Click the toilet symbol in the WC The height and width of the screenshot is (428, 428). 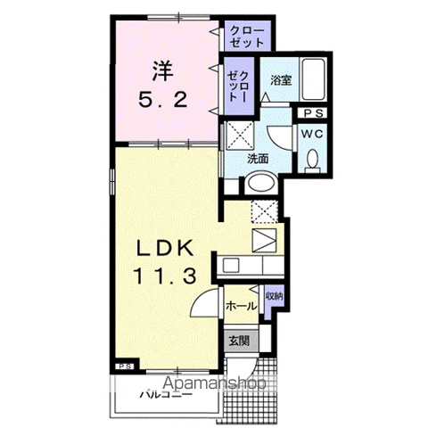[312, 161]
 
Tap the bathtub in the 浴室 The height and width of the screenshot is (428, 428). [313, 79]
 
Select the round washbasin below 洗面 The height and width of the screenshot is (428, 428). [261, 183]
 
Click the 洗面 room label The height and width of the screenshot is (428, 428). [258, 159]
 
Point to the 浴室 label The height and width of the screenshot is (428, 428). [281, 80]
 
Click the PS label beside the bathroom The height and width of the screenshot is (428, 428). [314, 113]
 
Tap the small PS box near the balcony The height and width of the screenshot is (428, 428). [126, 366]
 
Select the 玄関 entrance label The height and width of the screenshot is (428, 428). [239, 341]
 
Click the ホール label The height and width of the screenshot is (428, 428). [241, 306]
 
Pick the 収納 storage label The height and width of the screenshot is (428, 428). [274, 296]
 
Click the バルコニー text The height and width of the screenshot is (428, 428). [166, 395]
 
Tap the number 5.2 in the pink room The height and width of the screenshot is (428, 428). [163, 100]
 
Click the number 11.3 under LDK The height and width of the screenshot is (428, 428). [166, 276]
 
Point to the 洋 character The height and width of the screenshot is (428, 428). [162, 71]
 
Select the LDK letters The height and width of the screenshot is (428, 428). [165, 248]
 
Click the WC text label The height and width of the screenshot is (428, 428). [312, 135]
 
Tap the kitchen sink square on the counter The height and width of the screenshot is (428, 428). [231, 266]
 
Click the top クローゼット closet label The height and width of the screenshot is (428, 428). [247, 37]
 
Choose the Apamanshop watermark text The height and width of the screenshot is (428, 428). [215, 383]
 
